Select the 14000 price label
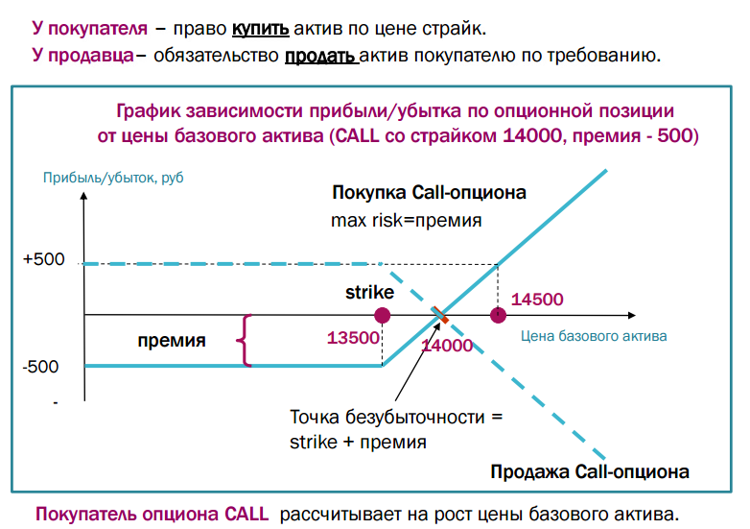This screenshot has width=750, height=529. click(448, 346)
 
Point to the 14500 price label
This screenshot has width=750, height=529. click(537, 299)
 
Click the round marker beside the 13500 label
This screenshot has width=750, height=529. click(383, 315)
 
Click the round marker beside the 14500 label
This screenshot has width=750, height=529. click(497, 315)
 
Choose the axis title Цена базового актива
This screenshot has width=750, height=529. click(594, 337)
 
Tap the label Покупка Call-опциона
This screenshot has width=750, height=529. click(429, 193)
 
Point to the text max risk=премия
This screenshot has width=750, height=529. click(406, 220)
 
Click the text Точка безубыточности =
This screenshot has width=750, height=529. click(395, 419)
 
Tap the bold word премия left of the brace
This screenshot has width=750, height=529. click(171, 339)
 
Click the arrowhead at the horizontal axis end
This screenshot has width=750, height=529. click(629, 315)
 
